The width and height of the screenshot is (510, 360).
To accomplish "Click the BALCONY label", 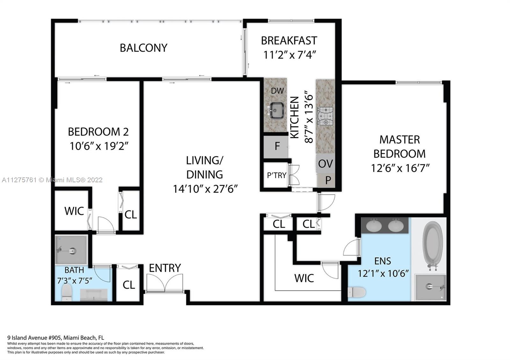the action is pos(143,48).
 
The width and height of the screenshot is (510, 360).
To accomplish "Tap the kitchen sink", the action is pos(276,111).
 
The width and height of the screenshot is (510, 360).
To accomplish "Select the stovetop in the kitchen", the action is pos(325,116).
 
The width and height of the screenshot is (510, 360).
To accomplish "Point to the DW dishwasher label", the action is pos(277,91).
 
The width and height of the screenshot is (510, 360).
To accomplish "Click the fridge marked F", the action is pos(276,146).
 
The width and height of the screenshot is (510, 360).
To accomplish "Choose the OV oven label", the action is pos(325,164).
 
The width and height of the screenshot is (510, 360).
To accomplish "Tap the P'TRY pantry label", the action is pos(276,176).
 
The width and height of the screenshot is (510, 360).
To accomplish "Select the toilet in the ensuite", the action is pos(357,292).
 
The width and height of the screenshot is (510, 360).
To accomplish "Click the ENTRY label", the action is pos(165,268).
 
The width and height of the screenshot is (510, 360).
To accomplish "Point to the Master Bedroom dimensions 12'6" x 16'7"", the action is pos(400,169).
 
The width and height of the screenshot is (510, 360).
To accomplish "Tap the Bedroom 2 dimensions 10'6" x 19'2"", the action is pos(99,146).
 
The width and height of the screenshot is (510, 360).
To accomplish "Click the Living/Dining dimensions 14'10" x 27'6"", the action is pos(205,189).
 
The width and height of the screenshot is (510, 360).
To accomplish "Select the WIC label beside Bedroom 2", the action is pos(74,211).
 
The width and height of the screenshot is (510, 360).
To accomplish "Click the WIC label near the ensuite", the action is pos(304,278).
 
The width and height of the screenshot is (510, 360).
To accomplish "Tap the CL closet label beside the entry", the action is pos(129,285).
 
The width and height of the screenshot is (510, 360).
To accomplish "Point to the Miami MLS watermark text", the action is pos(52,180).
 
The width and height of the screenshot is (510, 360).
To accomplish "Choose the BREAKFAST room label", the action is pos(289,41).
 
